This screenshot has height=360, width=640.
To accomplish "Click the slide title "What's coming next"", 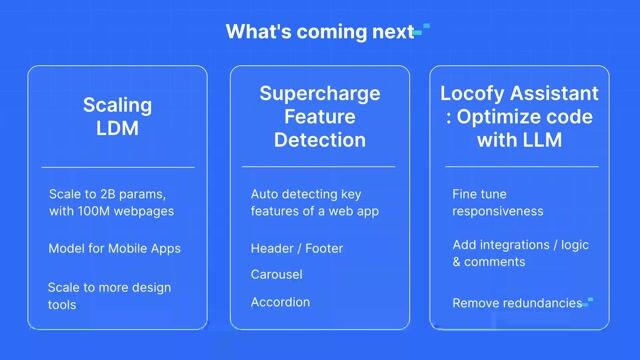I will (x=318, y=31).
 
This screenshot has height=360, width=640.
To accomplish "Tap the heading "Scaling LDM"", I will (x=117, y=115).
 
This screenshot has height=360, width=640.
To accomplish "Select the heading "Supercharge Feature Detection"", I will (x=319, y=117).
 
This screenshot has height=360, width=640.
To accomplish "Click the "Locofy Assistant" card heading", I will (x=519, y=94).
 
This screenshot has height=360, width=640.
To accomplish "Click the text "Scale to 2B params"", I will (x=106, y=193).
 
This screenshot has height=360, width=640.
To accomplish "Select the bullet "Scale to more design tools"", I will (x=109, y=295).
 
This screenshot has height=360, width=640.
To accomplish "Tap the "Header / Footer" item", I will (x=294, y=248).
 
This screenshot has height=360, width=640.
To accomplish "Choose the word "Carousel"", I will (x=276, y=274).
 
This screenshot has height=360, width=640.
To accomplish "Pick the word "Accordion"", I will (x=280, y=302).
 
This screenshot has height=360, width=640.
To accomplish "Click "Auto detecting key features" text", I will (x=314, y=202).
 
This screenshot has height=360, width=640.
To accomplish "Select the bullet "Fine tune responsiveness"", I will (x=497, y=202).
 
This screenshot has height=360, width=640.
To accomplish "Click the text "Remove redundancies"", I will (x=517, y=303).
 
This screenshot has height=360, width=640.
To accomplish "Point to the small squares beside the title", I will (x=421, y=29).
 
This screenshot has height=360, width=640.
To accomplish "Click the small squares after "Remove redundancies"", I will (x=589, y=300).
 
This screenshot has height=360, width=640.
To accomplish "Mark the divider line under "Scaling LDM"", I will (x=117, y=167).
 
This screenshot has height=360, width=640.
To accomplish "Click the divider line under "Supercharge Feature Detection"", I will (x=319, y=167).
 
